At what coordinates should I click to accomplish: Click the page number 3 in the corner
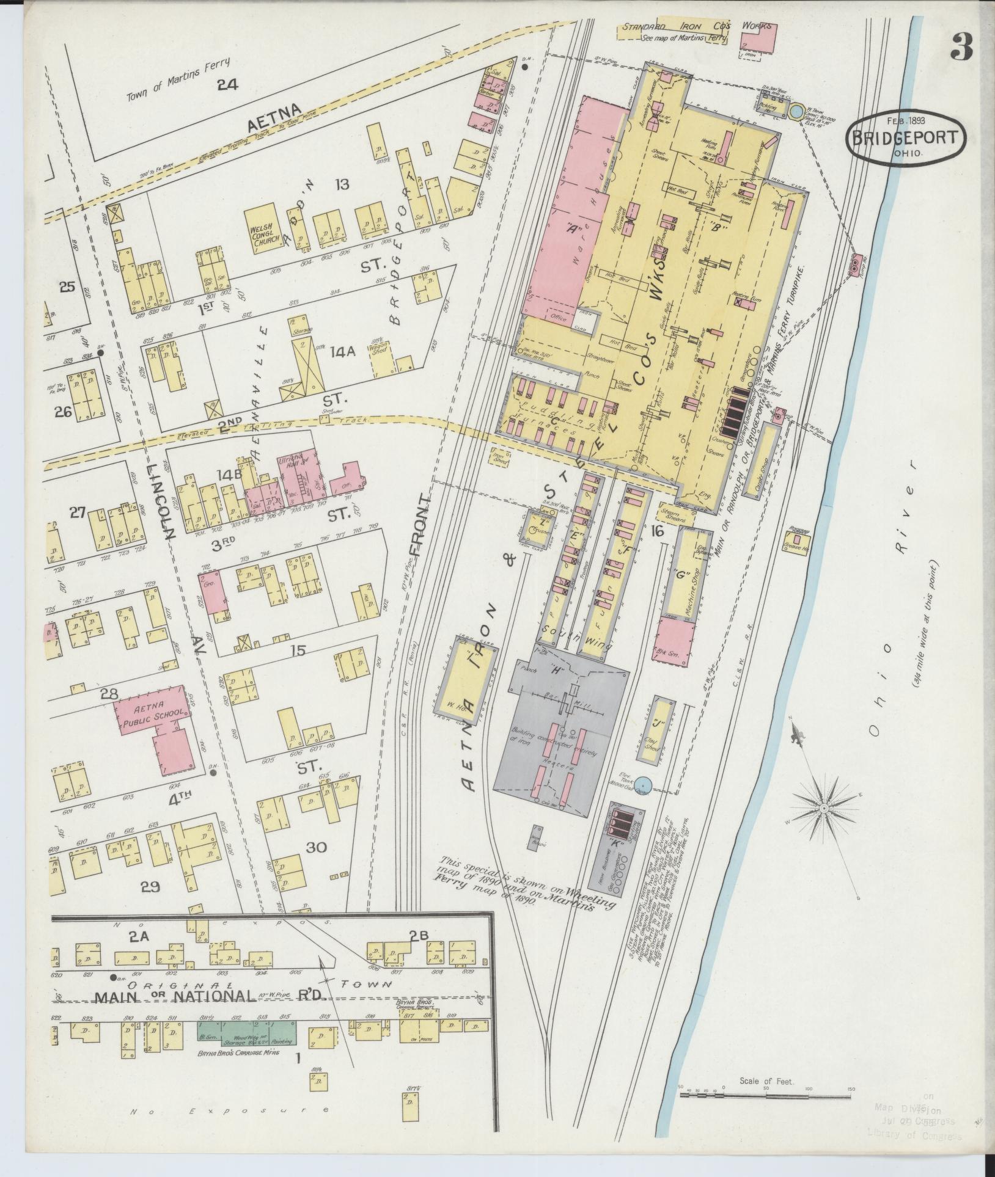coord(961,47)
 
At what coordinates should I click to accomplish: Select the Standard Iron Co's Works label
coord(696,27)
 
